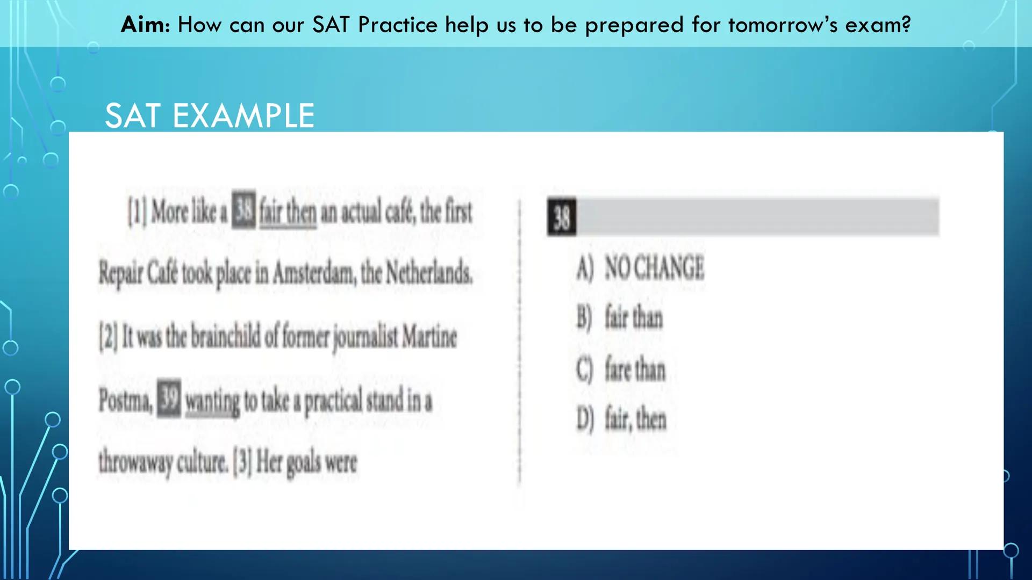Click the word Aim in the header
144,25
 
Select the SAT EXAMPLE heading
210,115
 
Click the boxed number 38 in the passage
243,209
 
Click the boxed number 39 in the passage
169,398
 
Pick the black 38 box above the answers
562,218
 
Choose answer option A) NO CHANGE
640,267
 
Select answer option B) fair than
620,317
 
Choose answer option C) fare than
621,369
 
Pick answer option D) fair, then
621,419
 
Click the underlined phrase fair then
288,212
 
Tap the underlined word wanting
212,402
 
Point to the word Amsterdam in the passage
314,274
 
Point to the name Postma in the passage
125,401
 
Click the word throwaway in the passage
134,463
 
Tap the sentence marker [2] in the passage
108,337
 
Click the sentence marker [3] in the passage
242,463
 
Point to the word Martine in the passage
429,337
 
